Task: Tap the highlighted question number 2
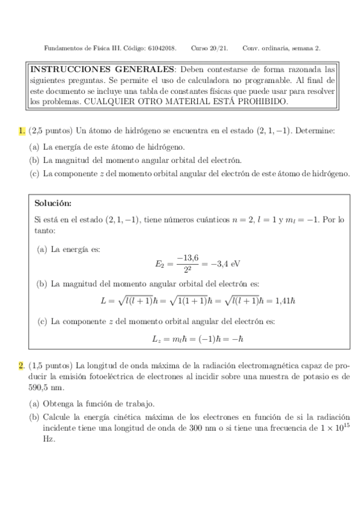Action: (x=22, y=365)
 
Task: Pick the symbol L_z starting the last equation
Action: (x=156, y=339)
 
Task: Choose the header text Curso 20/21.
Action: (x=210, y=48)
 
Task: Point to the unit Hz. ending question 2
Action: (x=49, y=439)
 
